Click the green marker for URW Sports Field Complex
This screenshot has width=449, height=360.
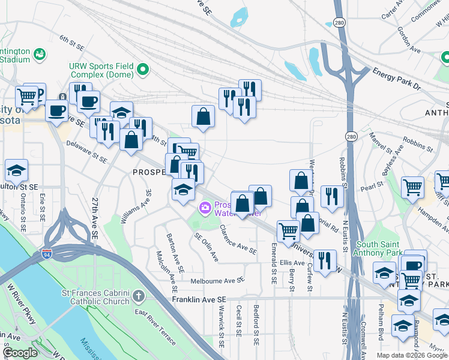pyautogui.click(x=143, y=70)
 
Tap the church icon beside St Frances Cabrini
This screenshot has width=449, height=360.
pyautogui.click(x=139, y=296)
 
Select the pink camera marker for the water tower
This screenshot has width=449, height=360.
pyautogui.click(x=205, y=208)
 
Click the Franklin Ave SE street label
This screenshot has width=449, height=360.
pyautogui.click(x=199, y=299)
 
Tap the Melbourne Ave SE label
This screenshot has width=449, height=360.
pyautogui.click(x=217, y=280)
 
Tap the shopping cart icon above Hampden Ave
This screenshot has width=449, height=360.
pyautogui.click(x=413, y=187)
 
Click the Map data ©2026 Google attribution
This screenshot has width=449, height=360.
pyautogui.click(x=411, y=355)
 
